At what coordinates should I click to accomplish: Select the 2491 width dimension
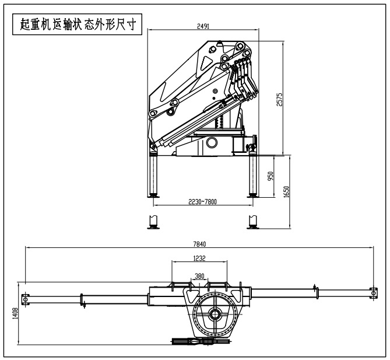click(x=203, y=26)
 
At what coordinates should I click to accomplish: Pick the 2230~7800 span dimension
click(x=203, y=202)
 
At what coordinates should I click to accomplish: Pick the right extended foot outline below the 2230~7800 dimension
click(x=252, y=222)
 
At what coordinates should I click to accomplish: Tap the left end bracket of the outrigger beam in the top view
click(x=26, y=299)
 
